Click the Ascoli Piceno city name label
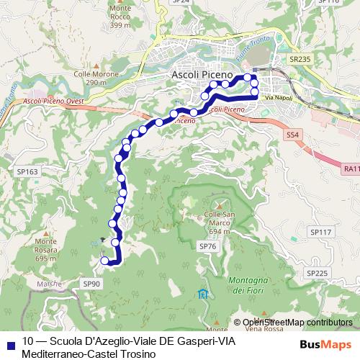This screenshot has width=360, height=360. [x=202, y=74]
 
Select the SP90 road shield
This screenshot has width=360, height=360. [x=92, y=284]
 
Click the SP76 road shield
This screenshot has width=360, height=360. [x=207, y=247]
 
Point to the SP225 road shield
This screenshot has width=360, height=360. [x=317, y=273]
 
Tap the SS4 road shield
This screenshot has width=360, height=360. [x=292, y=135]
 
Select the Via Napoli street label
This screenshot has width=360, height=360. [x=277, y=97]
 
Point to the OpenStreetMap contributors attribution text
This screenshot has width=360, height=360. [x=297, y=322]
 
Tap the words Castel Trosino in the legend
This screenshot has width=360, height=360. [x=112, y=354]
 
